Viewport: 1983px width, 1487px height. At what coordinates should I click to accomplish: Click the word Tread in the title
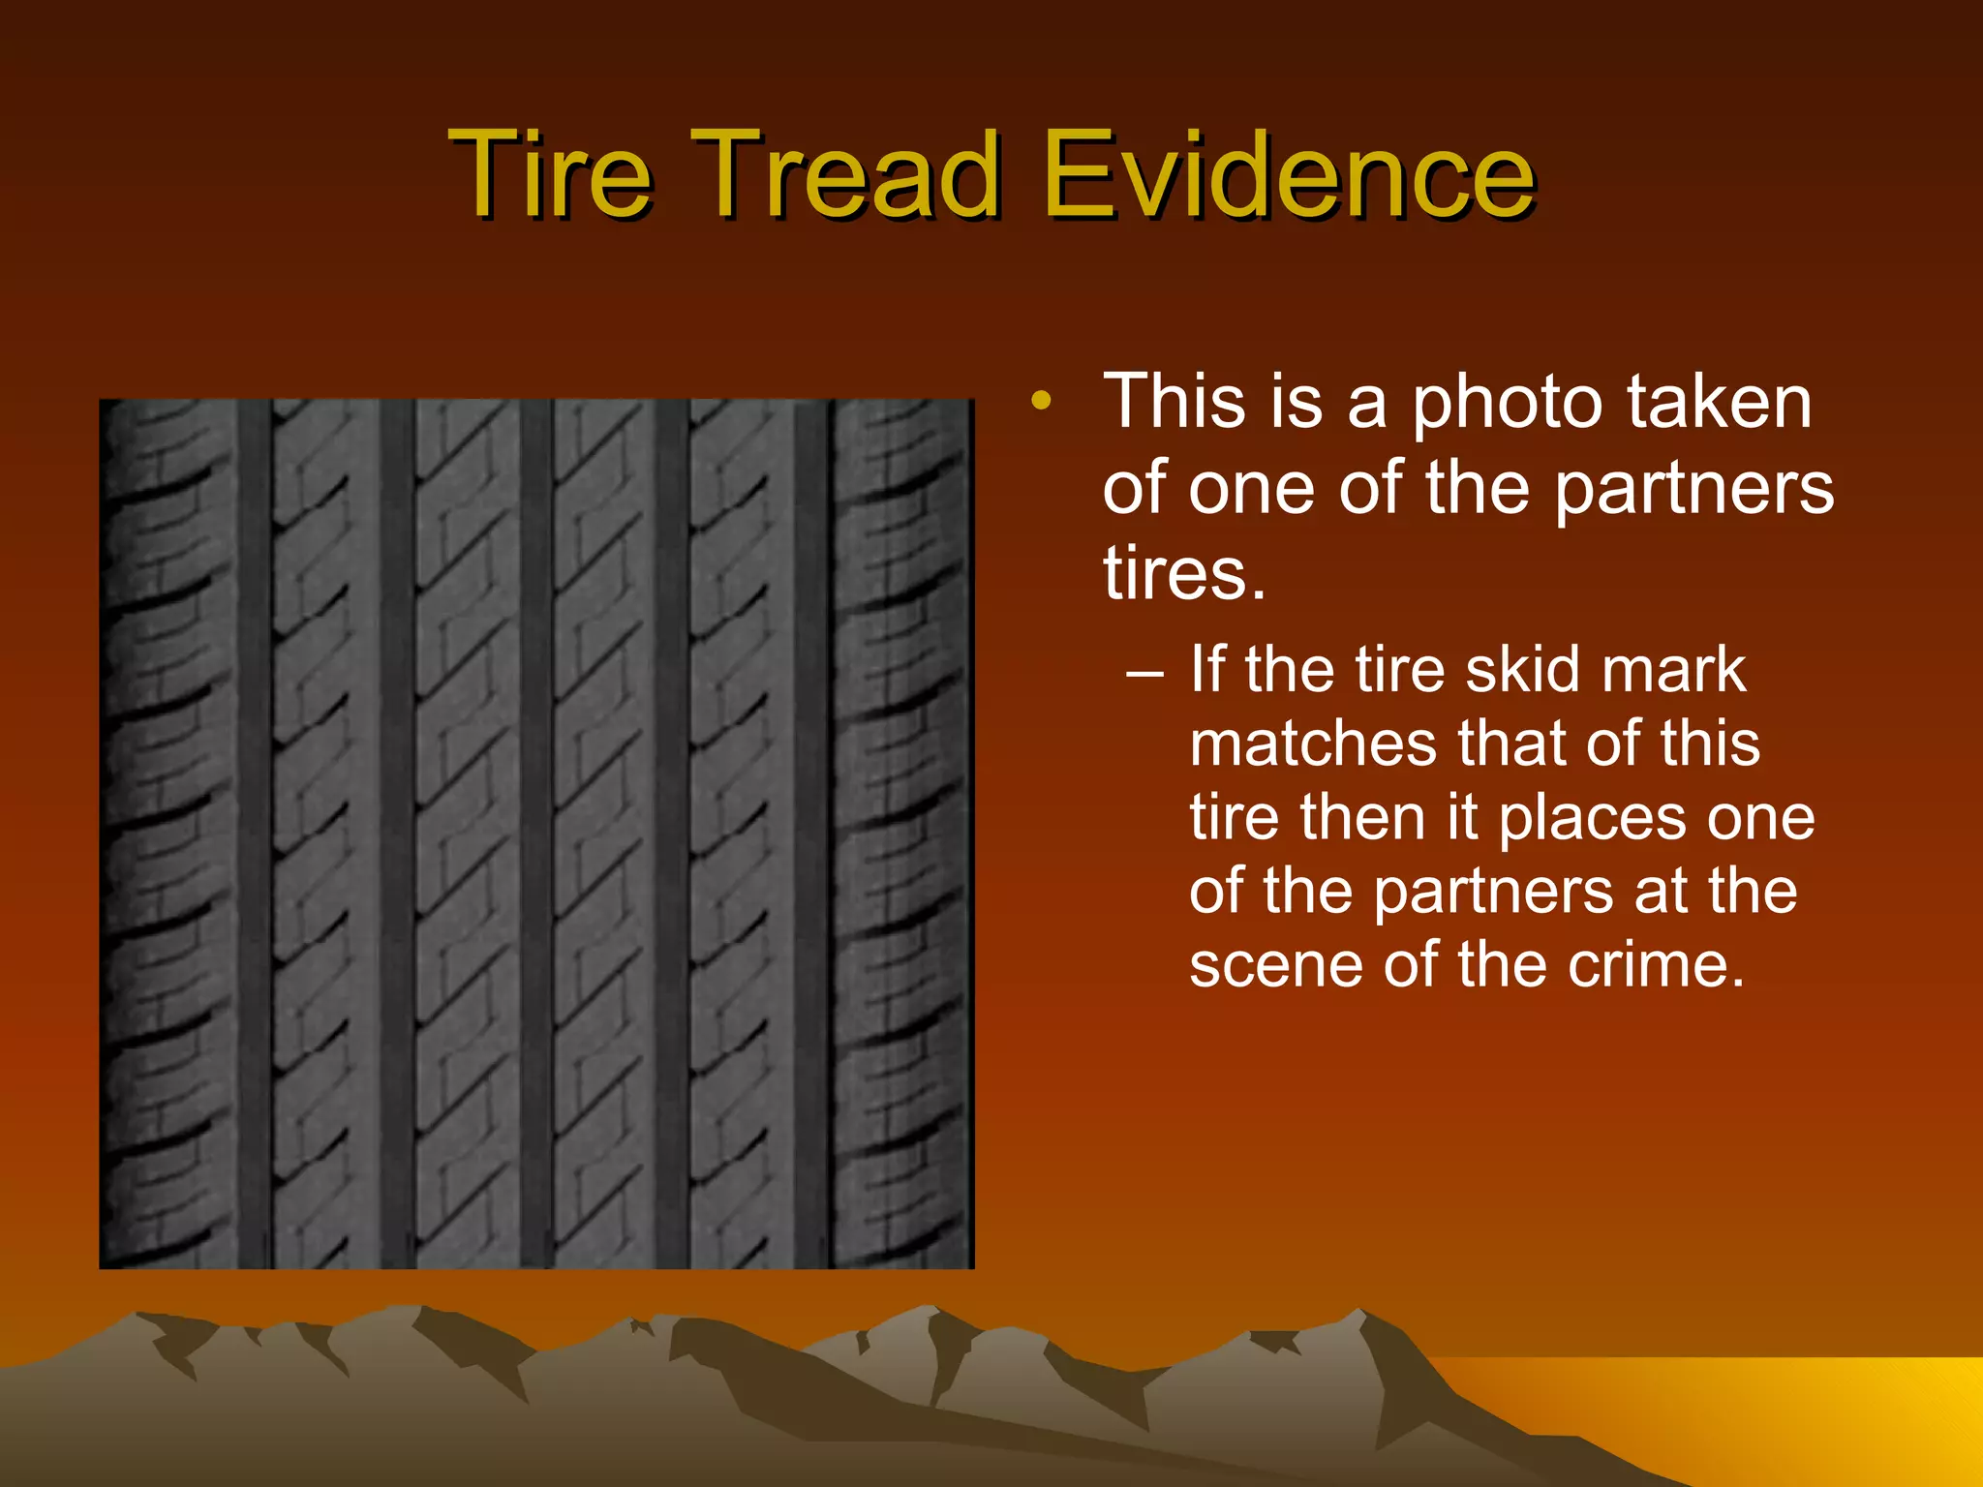point(843,175)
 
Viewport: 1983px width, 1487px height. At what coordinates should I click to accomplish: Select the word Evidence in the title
point(1288,175)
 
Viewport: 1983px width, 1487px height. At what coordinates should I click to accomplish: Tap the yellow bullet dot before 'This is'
point(1041,401)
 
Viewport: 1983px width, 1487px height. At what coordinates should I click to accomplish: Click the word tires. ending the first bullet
point(1184,573)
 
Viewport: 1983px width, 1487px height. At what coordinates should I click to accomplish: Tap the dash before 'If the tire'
point(1145,671)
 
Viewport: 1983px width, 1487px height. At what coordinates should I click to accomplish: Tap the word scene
point(1278,965)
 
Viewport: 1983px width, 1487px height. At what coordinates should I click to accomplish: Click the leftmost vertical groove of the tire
point(254,833)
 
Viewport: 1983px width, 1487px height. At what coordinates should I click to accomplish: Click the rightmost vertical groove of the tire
point(811,833)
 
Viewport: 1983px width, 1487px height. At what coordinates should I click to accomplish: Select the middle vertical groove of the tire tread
point(535,833)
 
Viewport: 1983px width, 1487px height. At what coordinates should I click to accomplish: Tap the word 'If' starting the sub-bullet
point(1208,669)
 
